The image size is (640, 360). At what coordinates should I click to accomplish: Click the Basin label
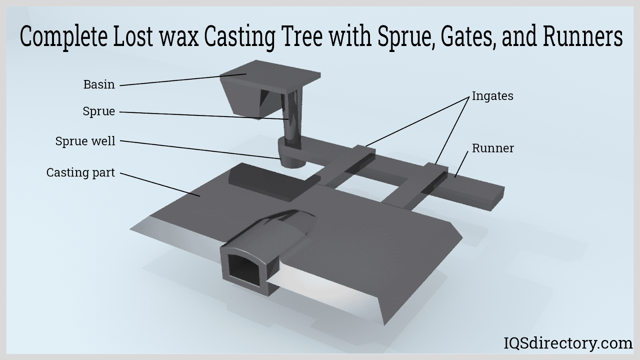(x=99, y=84)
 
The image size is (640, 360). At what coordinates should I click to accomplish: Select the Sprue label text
(x=99, y=111)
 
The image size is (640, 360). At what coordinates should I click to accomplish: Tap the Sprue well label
(x=85, y=141)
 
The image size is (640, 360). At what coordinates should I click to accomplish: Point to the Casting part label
(x=80, y=172)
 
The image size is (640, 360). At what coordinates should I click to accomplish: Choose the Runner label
(x=493, y=148)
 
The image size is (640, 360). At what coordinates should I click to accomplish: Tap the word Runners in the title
(x=582, y=37)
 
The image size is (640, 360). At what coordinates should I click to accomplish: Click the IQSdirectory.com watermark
(x=567, y=343)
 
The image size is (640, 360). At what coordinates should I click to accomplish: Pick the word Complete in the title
(x=63, y=37)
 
